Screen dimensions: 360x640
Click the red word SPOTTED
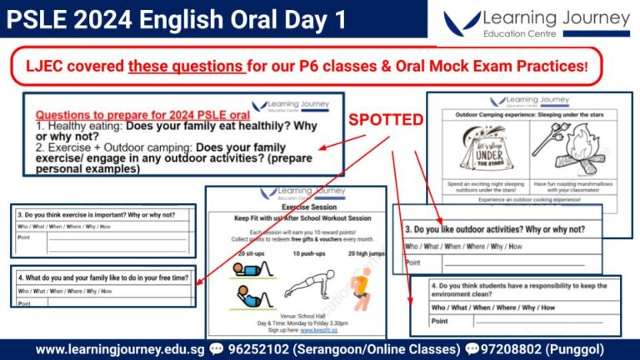(x=386, y=120)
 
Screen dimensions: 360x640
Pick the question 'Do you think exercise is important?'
(x=97, y=214)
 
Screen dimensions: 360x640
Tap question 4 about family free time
(x=102, y=277)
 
